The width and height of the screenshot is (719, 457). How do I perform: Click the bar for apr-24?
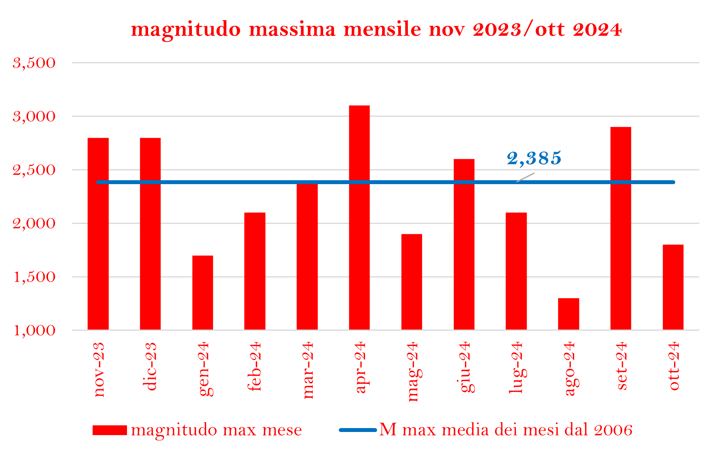pyautogui.click(x=359, y=217)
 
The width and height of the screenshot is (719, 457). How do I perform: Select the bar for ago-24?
pyautogui.click(x=568, y=314)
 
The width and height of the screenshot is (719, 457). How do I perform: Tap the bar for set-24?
pyautogui.click(x=621, y=228)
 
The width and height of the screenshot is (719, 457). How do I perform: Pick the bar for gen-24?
pyautogui.click(x=202, y=292)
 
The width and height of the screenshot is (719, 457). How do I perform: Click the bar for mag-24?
pyautogui.click(x=411, y=282)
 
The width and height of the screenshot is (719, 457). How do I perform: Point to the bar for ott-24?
pyautogui.click(x=673, y=287)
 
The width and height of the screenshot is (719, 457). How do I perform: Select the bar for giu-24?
pyautogui.click(x=464, y=244)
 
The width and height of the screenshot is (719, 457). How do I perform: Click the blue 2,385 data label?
pyautogui.click(x=534, y=158)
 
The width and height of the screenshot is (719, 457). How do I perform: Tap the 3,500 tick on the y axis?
pyautogui.click(x=34, y=63)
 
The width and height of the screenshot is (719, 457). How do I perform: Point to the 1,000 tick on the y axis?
pyautogui.click(x=34, y=331)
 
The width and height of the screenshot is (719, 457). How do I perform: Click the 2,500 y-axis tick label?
pyautogui.click(x=34, y=170)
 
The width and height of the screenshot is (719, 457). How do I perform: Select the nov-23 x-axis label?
pyautogui.click(x=99, y=369)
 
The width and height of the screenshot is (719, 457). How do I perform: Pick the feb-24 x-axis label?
pyautogui.click(x=255, y=366)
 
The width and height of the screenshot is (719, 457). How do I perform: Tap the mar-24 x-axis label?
pyautogui.click(x=308, y=370)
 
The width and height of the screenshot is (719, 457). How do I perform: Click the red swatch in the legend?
pyautogui.click(x=109, y=430)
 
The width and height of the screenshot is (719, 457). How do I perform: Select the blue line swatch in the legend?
pyautogui.click(x=358, y=430)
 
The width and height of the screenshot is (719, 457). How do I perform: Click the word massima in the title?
pyautogui.click(x=292, y=30)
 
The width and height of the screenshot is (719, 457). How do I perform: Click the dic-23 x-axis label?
pyautogui.click(x=150, y=366)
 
